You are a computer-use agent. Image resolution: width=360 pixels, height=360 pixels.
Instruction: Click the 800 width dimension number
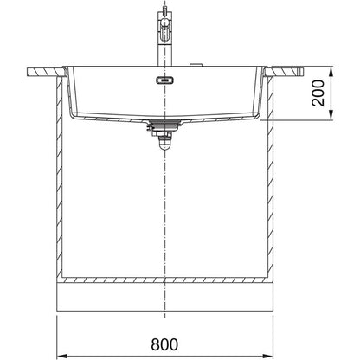pyautogui.click(x=164, y=344)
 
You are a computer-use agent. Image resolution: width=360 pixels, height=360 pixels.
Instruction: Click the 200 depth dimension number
pyautogui.click(x=318, y=93)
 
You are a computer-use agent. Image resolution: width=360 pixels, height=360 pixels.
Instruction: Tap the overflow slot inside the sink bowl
pyautogui.click(x=164, y=80)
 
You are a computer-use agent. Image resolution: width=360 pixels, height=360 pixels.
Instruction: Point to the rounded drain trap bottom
pyautogui.click(x=164, y=145)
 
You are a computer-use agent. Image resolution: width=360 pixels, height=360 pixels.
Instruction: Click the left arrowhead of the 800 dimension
pyautogui.click(x=61, y=356)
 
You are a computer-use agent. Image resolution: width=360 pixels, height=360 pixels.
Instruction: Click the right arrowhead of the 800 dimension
pyautogui.click(x=269, y=356)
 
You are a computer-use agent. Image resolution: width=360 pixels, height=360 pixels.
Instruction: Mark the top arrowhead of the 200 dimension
pyautogui.click(x=331, y=71)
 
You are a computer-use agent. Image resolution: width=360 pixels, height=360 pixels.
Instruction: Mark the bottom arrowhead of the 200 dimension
pyautogui.click(x=331, y=115)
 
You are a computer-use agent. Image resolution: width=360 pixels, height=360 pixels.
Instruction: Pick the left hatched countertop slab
pyautogui.click(x=46, y=72)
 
